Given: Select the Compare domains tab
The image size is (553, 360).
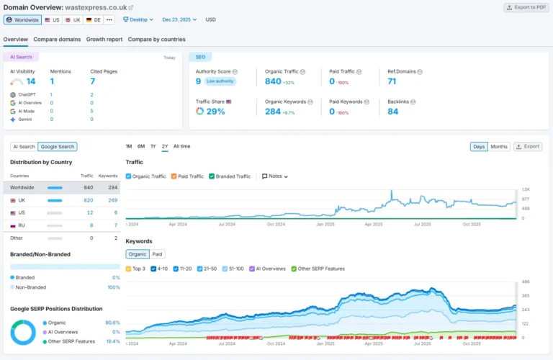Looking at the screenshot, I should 57,40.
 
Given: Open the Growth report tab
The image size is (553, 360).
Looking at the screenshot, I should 104,40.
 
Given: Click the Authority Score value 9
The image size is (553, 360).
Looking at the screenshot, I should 199,81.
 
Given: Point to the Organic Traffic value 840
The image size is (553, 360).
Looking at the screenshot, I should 273,81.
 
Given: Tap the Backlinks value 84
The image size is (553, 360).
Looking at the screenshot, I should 393,112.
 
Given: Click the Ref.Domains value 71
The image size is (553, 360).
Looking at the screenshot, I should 392,81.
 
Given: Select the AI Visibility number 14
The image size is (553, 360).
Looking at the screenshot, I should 31,81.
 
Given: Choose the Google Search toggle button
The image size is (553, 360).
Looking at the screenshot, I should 58,147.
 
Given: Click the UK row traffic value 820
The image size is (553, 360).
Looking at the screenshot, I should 88,200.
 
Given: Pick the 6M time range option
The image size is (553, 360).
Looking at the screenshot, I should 141,146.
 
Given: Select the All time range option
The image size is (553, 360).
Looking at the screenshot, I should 182,146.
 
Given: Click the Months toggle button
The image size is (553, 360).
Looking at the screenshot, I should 499,147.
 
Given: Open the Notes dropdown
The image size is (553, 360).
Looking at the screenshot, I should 275,176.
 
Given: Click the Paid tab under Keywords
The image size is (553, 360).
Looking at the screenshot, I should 157,254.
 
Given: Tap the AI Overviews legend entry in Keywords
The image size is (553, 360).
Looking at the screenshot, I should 269,269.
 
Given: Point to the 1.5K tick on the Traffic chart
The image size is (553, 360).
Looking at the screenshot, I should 526,189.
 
